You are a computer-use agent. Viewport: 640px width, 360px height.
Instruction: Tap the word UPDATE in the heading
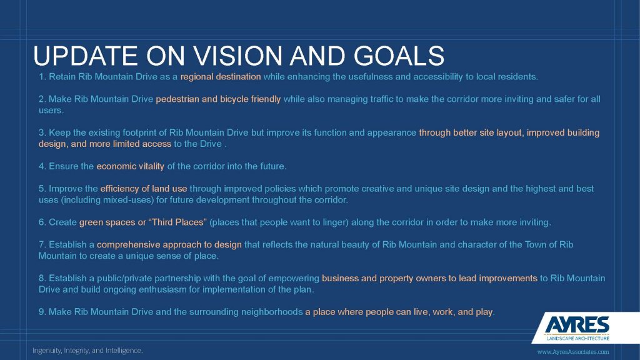(86, 56)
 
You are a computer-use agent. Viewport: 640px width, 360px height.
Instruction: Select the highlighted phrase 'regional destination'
(221, 77)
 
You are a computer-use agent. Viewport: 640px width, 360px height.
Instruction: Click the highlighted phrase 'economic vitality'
(130, 166)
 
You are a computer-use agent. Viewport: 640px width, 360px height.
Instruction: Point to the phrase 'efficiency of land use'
(144, 189)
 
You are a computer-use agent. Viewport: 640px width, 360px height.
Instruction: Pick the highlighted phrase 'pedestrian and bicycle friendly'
(218, 99)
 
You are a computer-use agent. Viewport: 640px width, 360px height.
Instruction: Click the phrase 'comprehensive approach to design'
(169, 245)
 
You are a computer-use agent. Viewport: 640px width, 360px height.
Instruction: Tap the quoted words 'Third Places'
(177, 222)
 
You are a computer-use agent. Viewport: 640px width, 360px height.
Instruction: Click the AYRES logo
(577, 324)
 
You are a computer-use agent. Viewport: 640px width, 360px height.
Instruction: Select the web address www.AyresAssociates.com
(573, 352)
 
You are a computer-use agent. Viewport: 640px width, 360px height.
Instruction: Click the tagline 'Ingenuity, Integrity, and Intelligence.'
(87, 351)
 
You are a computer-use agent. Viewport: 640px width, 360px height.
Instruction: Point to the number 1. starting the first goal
(42, 77)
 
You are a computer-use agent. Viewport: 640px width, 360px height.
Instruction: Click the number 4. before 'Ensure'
(42, 166)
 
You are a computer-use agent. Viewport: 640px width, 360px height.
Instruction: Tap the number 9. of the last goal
(42, 312)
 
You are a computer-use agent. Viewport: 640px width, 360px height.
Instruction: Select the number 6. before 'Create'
(42, 222)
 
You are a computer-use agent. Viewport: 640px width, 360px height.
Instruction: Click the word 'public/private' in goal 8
(124, 278)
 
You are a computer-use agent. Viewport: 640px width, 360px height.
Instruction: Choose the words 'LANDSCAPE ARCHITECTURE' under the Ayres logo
(577, 338)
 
